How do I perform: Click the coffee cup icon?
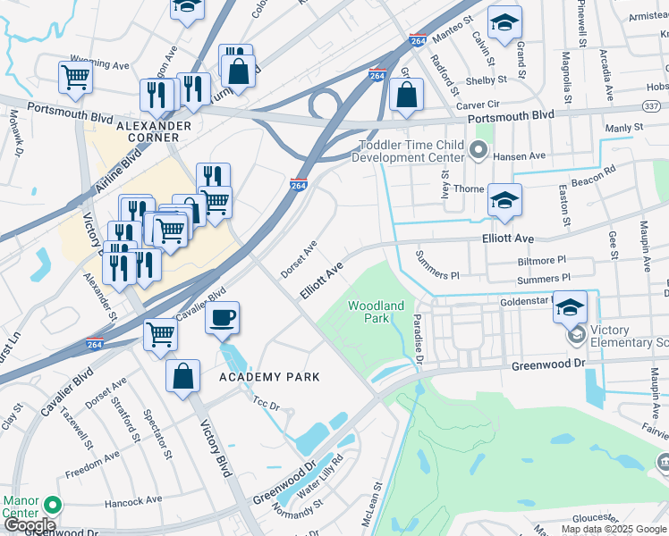coord(222,317)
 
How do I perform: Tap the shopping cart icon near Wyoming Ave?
coord(75,76)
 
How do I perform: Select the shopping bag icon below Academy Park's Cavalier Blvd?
coord(182,375)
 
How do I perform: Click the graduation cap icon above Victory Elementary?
coord(570,307)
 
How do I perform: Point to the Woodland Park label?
coord(368,312)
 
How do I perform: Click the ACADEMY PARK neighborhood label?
coord(270,377)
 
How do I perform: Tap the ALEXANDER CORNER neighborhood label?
coord(153,132)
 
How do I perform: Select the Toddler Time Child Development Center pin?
coord(478,152)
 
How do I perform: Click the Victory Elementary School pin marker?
coord(577,336)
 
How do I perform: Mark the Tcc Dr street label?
coord(267,404)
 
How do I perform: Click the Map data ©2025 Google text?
coord(614,529)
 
